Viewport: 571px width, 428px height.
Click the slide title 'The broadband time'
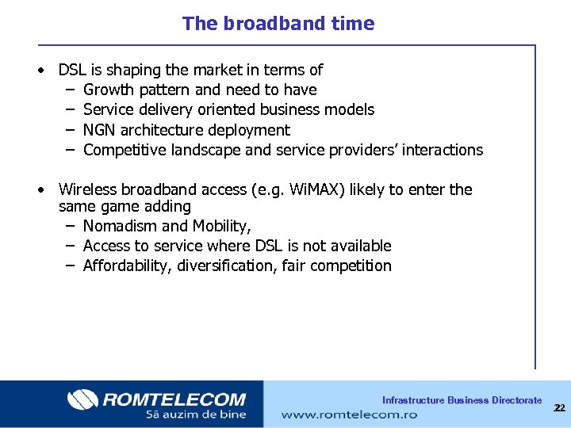278,24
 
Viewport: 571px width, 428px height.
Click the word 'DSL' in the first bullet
72,71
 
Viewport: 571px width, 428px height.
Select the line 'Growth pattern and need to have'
199,90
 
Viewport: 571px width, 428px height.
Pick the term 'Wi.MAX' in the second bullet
317,189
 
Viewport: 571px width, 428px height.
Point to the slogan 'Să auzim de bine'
195,414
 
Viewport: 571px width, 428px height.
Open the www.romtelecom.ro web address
349,414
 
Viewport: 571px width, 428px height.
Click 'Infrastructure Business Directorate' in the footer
462,400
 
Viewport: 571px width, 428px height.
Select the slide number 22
559,407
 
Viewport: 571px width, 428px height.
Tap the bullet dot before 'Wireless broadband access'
40,190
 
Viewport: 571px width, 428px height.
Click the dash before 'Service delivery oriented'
70,110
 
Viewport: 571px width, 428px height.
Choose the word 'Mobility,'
222,226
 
